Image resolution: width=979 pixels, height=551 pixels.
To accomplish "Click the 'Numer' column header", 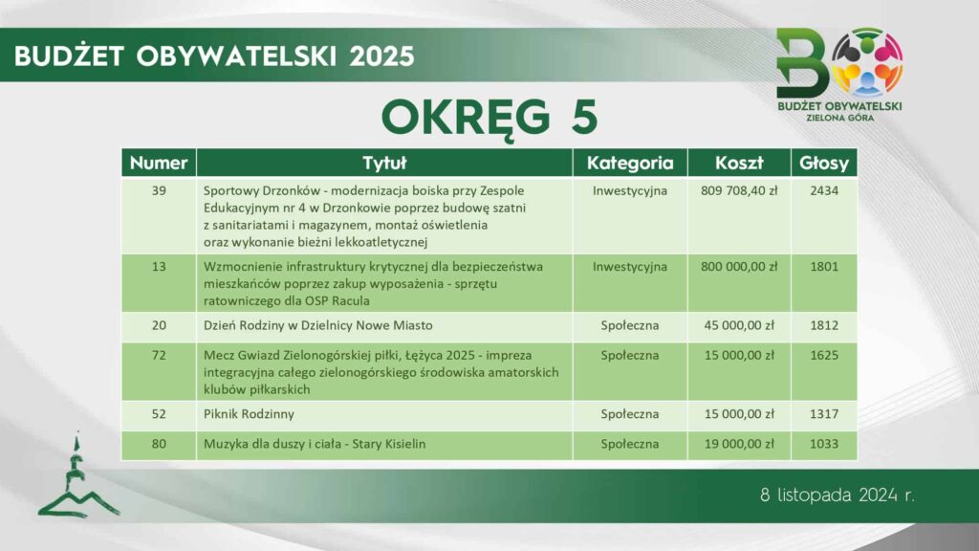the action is click(x=159, y=163).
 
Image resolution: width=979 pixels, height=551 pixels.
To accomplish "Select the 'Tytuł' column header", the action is click(x=384, y=163).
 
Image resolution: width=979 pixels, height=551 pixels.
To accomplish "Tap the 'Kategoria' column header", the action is click(x=630, y=163).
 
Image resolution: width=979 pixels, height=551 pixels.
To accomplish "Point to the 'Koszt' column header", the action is click(x=739, y=163).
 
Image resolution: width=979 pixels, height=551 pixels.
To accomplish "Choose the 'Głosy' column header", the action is click(x=824, y=163).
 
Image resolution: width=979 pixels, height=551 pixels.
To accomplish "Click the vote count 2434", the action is click(x=824, y=190).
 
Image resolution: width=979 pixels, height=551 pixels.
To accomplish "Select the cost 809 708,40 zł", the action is click(x=739, y=190).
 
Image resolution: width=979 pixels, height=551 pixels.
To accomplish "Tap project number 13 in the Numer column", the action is click(x=159, y=267).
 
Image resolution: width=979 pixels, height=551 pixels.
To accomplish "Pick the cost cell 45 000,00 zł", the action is click(x=739, y=325).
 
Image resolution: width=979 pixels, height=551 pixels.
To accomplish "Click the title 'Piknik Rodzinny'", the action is click(x=249, y=414).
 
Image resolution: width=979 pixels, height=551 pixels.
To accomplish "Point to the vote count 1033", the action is click(x=824, y=444).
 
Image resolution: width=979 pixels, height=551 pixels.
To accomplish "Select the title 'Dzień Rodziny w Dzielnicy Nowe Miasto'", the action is click(x=317, y=325).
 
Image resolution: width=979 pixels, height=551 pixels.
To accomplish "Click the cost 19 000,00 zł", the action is click(x=739, y=444).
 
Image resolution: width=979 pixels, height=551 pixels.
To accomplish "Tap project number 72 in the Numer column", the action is click(x=159, y=356).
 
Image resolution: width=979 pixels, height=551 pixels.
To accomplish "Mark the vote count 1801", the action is click(x=824, y=267).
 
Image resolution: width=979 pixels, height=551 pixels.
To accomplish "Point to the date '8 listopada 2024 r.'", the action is click(x=838, y=496).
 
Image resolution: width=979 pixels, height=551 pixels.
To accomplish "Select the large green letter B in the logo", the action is click(x=802, y=63).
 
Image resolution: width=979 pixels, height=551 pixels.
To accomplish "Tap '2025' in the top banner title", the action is click(x=381, y=56).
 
